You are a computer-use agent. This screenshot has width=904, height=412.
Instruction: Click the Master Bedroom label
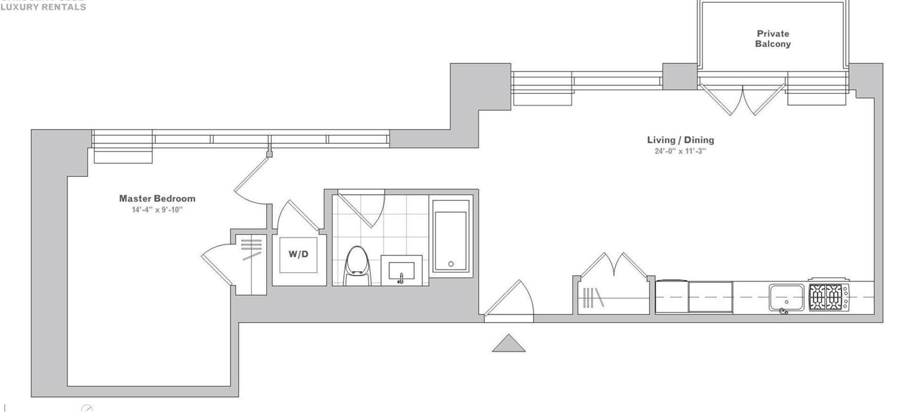[157, 198]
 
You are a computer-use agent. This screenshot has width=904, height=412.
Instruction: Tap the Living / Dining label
[680, 140]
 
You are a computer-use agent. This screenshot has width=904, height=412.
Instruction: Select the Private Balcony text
[773, 39]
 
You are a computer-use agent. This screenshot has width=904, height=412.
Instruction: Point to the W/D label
[299, 255]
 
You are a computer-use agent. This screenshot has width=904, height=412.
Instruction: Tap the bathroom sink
[401, 271]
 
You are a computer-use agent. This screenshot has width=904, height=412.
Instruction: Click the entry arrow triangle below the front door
[508, 344]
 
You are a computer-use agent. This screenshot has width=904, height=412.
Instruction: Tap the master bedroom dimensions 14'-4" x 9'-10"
[157, 210]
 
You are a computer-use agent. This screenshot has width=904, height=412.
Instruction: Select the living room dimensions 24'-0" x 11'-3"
[680, 151]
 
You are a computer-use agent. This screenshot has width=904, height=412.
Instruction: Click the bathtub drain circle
[451, 264]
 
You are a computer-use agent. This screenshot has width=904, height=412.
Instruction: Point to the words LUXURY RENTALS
[43, 7]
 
